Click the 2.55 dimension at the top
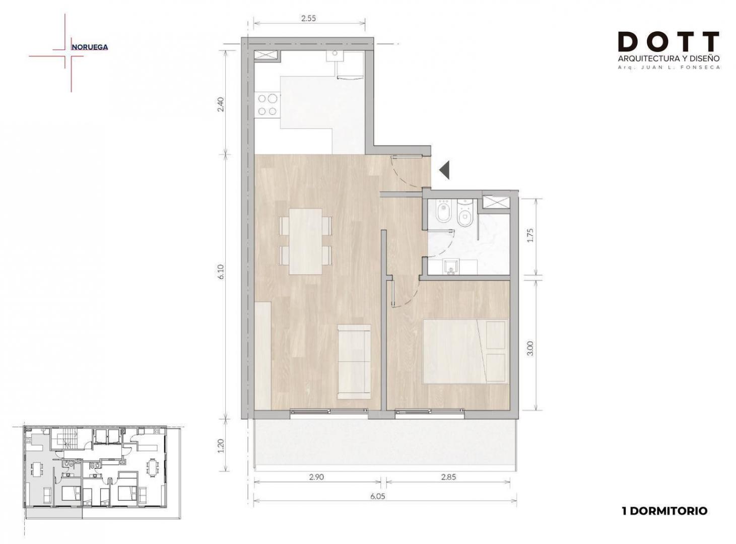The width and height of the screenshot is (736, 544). [308, 18]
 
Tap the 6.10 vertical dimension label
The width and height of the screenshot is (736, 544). [222, 271]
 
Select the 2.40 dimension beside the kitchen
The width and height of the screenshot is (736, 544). [221, 104]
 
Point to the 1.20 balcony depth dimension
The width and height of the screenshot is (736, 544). [221, 445]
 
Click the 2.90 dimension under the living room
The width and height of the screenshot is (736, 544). [316, 478]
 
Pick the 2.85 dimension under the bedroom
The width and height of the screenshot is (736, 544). [448, 478]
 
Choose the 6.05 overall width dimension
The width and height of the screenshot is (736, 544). [378, 496]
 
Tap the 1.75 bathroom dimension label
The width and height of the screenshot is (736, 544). [530, 235]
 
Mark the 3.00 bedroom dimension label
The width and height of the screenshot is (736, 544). [530, 349]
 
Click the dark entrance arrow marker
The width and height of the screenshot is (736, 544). [445, 170]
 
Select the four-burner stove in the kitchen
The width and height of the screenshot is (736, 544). [267, 105]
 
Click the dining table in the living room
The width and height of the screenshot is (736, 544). [305, 241]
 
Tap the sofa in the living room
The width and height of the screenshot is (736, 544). [354, 362]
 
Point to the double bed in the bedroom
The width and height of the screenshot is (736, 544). [465, 352]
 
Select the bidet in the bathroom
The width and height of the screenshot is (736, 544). [444, 213]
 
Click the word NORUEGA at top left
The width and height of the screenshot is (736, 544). [90, 47]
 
